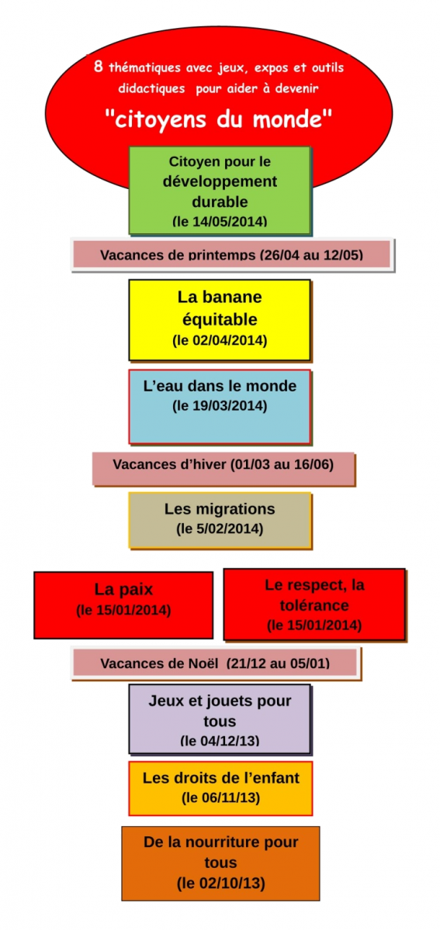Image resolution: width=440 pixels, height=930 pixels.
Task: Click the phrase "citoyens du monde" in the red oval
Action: tap(219, 119)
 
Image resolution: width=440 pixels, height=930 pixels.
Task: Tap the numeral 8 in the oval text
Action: tap(98, 66)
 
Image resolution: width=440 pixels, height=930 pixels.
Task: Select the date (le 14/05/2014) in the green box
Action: tap(220, 221)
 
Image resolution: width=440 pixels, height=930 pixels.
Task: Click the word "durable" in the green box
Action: tap(220, 201)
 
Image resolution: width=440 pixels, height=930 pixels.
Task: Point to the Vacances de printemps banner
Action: tap(233, 254)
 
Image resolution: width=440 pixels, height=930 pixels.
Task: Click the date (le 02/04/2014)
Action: tap(220, 340)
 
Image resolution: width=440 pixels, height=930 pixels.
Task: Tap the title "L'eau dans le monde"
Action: tap(220, 386)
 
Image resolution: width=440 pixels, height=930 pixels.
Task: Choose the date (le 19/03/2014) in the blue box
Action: tap(220, 405)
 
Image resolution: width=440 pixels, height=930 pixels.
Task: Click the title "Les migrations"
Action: tap(220, 508)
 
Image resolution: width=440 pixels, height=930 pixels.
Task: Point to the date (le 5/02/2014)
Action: tap(220, 529)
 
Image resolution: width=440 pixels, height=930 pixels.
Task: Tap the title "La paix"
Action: tap(123, 590)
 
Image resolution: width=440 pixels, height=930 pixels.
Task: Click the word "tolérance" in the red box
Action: tap(314, 605)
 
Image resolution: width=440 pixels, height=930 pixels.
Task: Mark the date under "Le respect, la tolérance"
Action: tap(314, 625)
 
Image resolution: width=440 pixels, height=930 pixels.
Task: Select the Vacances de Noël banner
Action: tap(216, 663)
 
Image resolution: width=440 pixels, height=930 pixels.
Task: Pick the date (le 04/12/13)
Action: tap(220, 740)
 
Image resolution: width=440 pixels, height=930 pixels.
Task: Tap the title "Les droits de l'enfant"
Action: tap(221, 777)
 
